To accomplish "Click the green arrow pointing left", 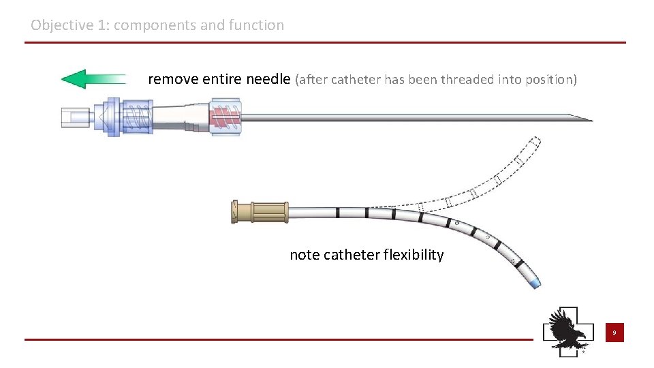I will [x=93, y=79].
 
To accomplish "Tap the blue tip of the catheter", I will [x=535, y=281].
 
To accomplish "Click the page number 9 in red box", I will [x=614, y=333].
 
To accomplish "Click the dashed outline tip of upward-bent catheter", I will [x=533, y=143].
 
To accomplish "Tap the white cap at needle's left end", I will [x=72, y=117].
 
